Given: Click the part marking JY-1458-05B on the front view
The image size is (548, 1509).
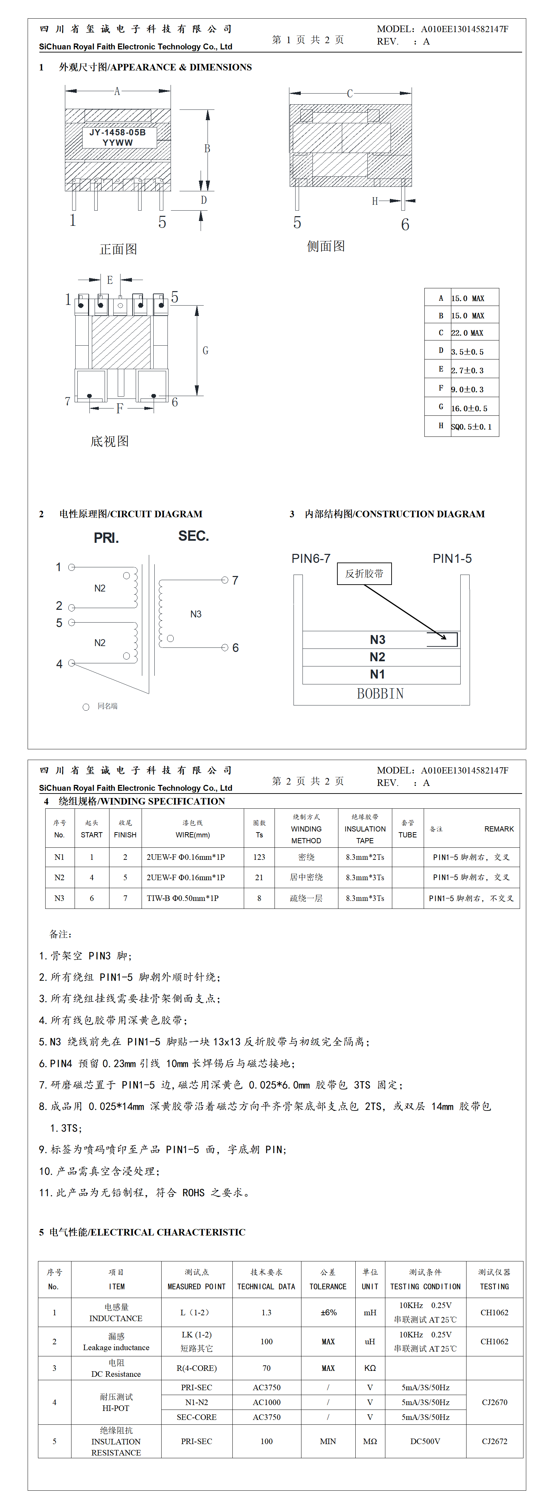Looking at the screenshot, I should [117, 132].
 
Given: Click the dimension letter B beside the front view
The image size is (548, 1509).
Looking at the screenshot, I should [207, 149].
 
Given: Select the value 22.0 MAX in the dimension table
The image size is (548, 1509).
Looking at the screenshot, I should [467, 333].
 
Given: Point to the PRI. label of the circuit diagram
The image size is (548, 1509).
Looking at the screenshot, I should [106, 538].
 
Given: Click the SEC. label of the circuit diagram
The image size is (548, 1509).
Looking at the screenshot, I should [193, 536].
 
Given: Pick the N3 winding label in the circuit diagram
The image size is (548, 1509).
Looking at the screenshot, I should [196, 614].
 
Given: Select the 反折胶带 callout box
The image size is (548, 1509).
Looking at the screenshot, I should [364, 574].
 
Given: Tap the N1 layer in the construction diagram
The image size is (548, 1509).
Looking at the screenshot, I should [377, 674].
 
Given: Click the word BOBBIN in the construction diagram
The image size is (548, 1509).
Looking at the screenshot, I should [381, 694].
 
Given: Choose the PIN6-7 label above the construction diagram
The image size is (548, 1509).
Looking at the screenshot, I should [311, 558].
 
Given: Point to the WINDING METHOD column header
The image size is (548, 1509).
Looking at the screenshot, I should [306, 829].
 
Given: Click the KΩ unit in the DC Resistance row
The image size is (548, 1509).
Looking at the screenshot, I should [370, 1368].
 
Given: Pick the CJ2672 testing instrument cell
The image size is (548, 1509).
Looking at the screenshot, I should [494, 1441].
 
